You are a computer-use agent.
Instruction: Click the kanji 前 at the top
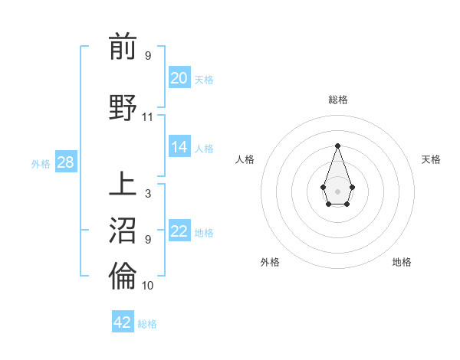pyautogui.click(x=123, y=47)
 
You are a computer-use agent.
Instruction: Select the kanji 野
pyautogui.click(x=123, y=107)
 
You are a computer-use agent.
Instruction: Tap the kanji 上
pyautogui.click(x=123, y=185)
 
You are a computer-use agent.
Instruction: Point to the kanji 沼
pyautogui.click(x=123, y=231)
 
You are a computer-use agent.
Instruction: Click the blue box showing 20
pyautogui.click(x=179, y=78)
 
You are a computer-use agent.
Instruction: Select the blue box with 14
pyautogui.click(x=179, y=147)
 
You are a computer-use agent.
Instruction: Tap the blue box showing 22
pyautogui.click(x=179, y=231)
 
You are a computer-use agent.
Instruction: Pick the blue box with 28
pyautogui.click(x=66, y=162)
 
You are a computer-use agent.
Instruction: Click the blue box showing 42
pyautogui.click(x=123, y=322)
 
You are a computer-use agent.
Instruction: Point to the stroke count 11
pyautogui.click(x=148, y=117)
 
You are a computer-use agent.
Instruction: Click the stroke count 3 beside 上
pyautogui.click(x=148, y=194)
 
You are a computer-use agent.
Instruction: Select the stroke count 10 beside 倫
pyautogui.click(x=148, y=286)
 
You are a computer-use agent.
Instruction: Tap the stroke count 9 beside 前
pyautogui.click(x=148, y=56)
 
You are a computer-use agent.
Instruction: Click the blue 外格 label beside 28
pyautogui.click(x=41, y=163)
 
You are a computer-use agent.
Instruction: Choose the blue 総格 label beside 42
pyautogui.click(x=147, y=324)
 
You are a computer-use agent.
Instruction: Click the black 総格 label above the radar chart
pyautogui.click(x=337, y=100)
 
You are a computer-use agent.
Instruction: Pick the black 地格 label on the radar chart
pyautogui.click(x=402, y=262)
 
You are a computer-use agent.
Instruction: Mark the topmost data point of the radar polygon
pyautogui.click(x=337, y=146)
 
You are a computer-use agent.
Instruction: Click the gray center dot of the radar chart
pyautogui.click(x=337, y=191)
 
